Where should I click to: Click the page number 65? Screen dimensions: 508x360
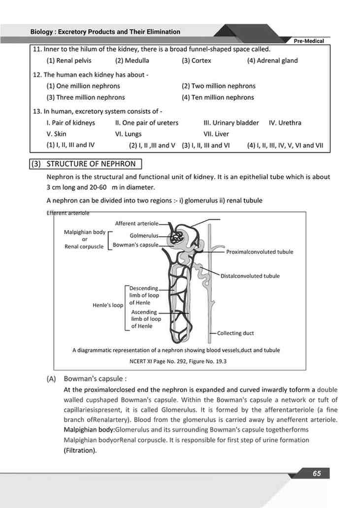click(317, 474)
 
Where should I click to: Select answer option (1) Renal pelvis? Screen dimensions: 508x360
click(69, 61)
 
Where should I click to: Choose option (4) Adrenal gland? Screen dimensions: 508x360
click(272, 61)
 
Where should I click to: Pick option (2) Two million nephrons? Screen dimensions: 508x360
click(219, 86)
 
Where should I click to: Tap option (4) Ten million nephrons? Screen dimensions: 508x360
click(218, 97)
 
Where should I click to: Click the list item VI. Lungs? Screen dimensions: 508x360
click(128, 134)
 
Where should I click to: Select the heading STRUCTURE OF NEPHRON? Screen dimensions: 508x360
click(91, 164)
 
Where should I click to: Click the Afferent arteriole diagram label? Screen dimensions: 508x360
click(137, 223)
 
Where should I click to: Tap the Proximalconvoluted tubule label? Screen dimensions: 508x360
click(260, 252)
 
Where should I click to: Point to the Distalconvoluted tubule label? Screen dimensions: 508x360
click(250, 276)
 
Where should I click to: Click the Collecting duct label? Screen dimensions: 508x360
click(235, 333)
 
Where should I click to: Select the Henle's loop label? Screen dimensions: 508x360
click(108, 305)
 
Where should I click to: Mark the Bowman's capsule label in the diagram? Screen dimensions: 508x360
click(135, 245)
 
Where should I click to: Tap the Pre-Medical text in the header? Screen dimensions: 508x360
click(309, 41)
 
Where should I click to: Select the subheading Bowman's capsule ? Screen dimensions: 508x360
click(95, 379)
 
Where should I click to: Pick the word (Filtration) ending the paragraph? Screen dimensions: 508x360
click(80, 450)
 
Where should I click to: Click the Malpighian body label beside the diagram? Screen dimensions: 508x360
click(85, 232)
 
